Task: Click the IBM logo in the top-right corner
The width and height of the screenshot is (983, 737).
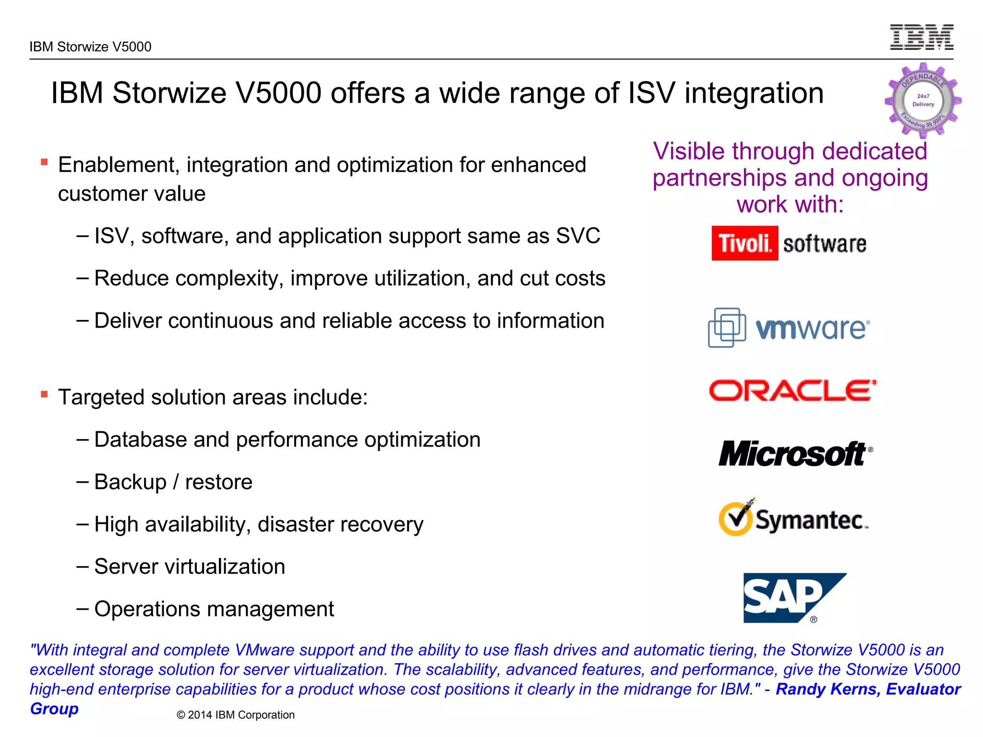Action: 922,37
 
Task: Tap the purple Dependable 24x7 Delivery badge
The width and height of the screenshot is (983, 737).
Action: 923,101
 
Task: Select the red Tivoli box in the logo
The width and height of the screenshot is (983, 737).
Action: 744,243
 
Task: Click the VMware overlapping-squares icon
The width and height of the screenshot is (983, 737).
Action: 727,327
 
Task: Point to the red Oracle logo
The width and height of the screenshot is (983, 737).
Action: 792,391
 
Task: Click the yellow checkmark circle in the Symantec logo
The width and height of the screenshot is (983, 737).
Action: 735,518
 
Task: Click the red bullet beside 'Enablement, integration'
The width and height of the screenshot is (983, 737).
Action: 44,162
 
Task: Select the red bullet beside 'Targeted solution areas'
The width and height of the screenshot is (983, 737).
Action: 44,394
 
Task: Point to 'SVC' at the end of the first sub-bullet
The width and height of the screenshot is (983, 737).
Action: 578,236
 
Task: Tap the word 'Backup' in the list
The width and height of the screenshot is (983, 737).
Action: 130,482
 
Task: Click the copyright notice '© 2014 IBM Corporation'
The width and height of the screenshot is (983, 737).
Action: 235,715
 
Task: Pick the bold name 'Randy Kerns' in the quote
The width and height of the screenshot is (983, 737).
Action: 828,689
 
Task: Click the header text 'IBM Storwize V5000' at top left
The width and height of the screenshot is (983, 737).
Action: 90,47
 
